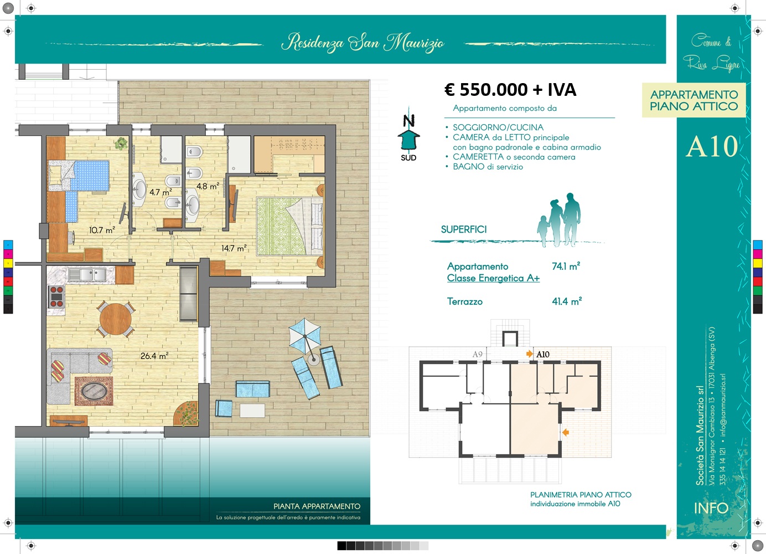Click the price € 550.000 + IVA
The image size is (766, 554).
click(510, 90)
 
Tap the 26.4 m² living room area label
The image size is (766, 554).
click(154, 356)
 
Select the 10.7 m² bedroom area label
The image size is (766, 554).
click(102, 230)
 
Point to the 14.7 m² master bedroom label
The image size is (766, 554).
click(234, 248)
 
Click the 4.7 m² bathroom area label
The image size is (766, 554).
click(161, 192)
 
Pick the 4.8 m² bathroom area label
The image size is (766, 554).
click(208, 186)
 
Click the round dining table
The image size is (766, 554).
click(116, 319)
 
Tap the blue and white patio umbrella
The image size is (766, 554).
click(305, 336)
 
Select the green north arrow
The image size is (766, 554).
click(408, 140)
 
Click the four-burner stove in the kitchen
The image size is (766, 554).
click(56, 296)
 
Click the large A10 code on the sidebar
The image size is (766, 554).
click(712, 147)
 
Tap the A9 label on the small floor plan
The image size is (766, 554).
click(478, 355)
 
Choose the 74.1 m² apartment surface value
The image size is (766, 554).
click(566, 266)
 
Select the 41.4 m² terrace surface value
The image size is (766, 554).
click(567, 301)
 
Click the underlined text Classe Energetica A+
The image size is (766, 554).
click(493, 278)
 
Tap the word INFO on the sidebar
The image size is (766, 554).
click(711, 508)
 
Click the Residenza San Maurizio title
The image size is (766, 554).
click(363, 43)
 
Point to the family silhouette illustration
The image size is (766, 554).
click(558, 220)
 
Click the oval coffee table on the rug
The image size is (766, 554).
click(94, 391)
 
